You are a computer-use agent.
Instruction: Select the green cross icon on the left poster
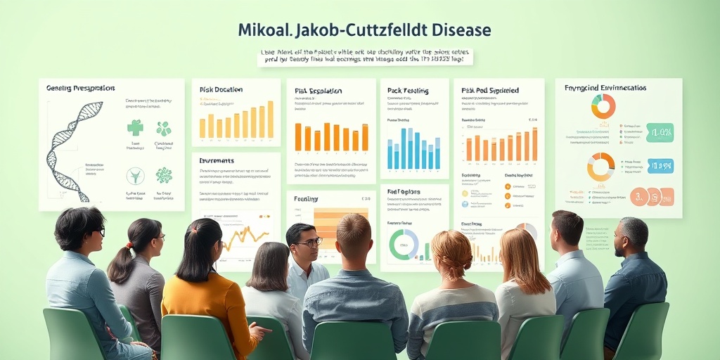point(135,127)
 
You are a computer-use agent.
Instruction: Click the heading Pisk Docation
point(221,90)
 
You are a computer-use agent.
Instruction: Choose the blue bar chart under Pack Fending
point(414,148)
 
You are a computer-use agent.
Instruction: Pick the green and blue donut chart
point(404,245)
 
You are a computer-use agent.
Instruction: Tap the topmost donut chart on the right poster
point(603,106)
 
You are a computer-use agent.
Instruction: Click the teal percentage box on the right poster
point(660,132)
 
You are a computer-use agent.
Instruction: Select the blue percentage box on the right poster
point(660,166)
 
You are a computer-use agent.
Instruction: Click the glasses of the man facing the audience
point(310,243)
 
